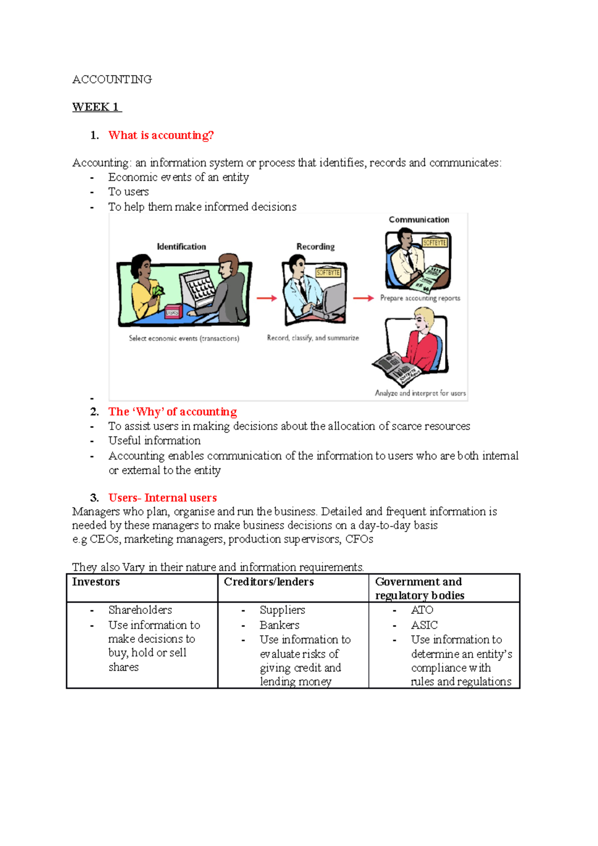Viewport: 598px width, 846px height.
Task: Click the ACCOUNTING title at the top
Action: point(112,80)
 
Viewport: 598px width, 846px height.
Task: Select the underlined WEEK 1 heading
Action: point(96,107)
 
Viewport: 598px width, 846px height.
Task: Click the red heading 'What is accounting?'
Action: point(161,136)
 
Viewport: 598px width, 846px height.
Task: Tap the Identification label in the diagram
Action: point(181,247)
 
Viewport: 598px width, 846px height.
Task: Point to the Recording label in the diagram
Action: point(315,247)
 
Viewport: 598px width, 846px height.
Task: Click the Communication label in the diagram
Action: point(419,220)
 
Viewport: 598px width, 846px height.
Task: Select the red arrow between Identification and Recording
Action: point(267,298)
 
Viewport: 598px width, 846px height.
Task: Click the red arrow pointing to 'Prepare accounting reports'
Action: point(363,298)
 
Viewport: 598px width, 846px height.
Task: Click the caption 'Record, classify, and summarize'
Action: point(312,338)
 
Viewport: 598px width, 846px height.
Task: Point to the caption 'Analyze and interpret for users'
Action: point(420,393)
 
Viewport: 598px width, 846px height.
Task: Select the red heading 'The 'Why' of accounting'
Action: point(172,412)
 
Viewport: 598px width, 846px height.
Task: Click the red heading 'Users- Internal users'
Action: point(162,498)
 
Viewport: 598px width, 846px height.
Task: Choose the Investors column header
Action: point(96,582)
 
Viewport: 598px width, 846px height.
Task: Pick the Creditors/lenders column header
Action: point(269,582)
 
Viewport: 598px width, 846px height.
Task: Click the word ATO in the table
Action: point(422,610)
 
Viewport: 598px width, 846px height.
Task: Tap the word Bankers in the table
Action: point(279,625)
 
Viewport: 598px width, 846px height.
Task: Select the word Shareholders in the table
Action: point(140,610)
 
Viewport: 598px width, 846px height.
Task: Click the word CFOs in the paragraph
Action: point(359,539)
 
